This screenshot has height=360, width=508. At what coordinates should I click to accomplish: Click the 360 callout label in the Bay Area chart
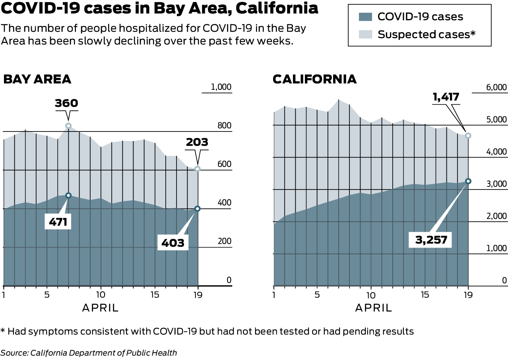(66, 103)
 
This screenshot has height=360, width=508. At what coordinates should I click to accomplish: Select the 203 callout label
(196, 142)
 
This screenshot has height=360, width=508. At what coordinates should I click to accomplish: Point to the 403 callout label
(173, 242)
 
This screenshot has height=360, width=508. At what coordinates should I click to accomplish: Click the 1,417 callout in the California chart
(446, 97)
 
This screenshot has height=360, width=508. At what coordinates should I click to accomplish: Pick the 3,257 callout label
(430, 240)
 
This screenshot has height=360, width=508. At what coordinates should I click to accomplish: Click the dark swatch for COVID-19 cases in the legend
(365, 17)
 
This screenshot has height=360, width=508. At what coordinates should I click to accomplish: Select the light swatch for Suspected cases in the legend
(365, 34)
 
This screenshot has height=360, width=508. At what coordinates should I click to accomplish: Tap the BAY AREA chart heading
(37, 79)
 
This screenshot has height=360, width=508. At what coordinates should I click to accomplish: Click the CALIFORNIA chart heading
(314, 79)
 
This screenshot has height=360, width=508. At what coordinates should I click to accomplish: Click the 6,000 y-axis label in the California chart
(497, 87)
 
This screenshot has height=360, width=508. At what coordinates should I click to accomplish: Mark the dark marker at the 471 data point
(68, 195)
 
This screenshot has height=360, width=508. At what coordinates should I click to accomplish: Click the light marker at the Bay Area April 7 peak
(68, 126)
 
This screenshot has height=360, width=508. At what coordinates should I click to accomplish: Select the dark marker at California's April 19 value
(468, 181)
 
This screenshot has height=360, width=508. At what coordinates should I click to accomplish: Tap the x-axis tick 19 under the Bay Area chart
(198, 295)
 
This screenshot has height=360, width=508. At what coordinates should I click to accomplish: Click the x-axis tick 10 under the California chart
(370, 295)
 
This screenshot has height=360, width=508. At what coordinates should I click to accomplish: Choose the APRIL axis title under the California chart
(373, 308)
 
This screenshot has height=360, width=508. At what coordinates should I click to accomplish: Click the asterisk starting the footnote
(3, 331)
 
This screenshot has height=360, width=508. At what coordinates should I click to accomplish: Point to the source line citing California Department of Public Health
(89, 352)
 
